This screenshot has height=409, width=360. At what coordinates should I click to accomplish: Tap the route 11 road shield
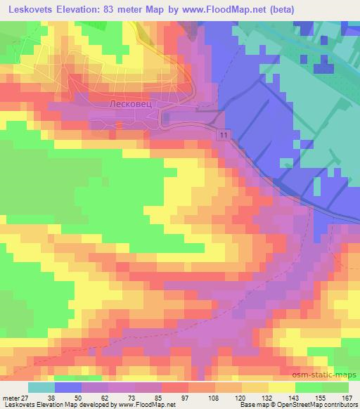coord(223,134)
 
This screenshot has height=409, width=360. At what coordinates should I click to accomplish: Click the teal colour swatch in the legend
coord(41,387)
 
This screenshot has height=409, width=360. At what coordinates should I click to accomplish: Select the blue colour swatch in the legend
coord(68,387)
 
